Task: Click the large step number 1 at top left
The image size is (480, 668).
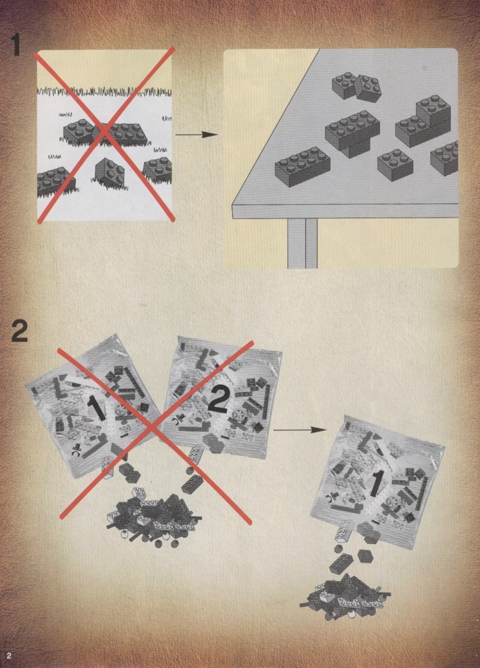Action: [x=16, y=45]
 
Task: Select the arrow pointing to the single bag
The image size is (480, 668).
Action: [x=300, y=430]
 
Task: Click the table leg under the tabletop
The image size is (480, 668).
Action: [x=302, y=243]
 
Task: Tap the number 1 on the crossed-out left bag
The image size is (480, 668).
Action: [x=96, y=408]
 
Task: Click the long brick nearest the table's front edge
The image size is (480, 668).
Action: [x=302, y=166]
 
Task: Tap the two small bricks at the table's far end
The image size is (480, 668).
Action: [x=357, y=87]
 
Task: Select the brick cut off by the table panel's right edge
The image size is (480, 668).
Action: [x=445, y=158]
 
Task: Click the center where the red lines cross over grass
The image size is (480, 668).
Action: [x=105, y=134]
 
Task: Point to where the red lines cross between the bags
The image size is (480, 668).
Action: [x=154, y=428]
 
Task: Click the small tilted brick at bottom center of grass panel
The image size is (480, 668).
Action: [x=110, y=172]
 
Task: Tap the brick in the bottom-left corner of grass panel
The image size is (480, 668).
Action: [x=54, y=180]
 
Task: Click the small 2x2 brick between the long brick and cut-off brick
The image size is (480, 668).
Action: [x=395, y=165]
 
